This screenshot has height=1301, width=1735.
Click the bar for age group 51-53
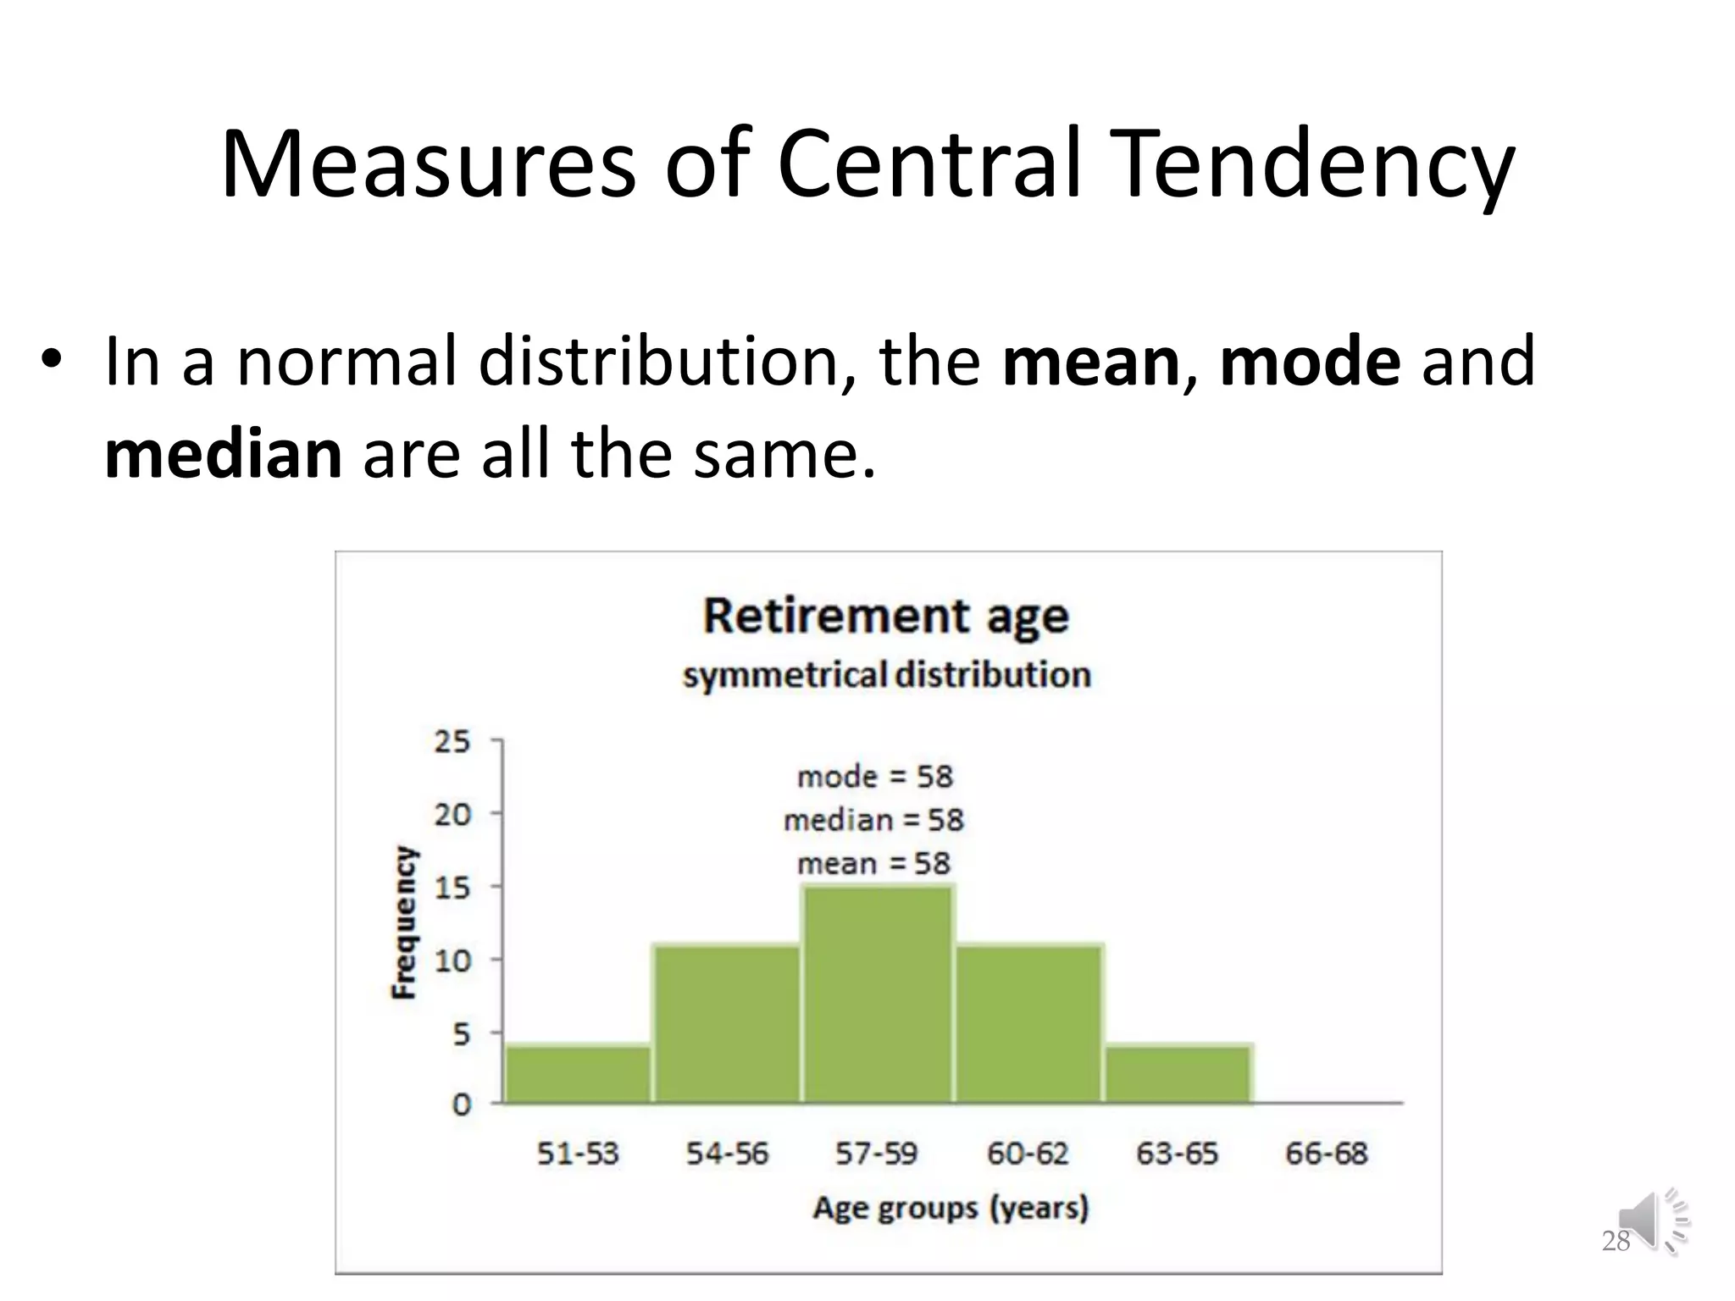578,1073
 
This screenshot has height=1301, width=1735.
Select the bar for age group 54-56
727,1023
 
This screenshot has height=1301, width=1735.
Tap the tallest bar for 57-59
878,994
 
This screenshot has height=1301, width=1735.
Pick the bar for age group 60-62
1028,1023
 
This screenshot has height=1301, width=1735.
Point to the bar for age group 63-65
1178,1073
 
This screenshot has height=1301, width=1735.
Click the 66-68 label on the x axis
1326,1154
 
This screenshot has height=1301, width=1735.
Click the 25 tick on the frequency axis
452,742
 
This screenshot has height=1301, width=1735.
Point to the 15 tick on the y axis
452,888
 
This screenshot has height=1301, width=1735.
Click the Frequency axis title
405,922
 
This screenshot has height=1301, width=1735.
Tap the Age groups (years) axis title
951,1208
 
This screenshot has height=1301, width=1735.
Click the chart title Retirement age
886,617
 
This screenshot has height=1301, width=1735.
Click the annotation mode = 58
874,777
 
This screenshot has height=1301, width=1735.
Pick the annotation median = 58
873,820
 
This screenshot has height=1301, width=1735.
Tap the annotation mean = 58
873,864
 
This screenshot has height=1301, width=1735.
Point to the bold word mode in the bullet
1310,362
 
